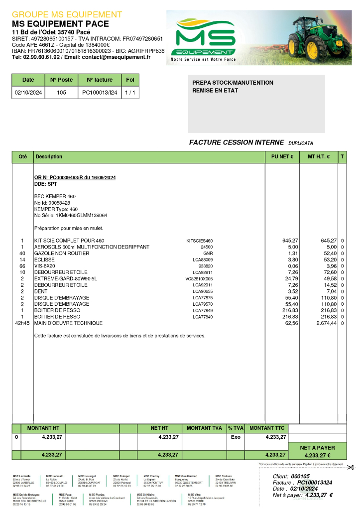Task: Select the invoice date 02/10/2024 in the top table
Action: click(28, 93)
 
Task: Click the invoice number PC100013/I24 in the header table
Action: click(100, 93)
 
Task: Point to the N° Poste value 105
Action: click(61, 93)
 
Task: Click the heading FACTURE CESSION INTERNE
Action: click(237, 143)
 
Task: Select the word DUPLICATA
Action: click(301, 143)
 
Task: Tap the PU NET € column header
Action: click(282, 157)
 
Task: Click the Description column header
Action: click(48, 157)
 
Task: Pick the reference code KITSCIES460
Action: click(199, 241)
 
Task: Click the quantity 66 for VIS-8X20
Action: click(22, 266)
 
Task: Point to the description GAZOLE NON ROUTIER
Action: click(62, 254)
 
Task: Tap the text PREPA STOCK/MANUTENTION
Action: click(233, 83)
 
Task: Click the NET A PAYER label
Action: click(318, 448)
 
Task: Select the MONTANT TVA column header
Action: click(204, 428)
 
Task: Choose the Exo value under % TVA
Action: click(236, 437)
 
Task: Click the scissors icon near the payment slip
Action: click(351, 467)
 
